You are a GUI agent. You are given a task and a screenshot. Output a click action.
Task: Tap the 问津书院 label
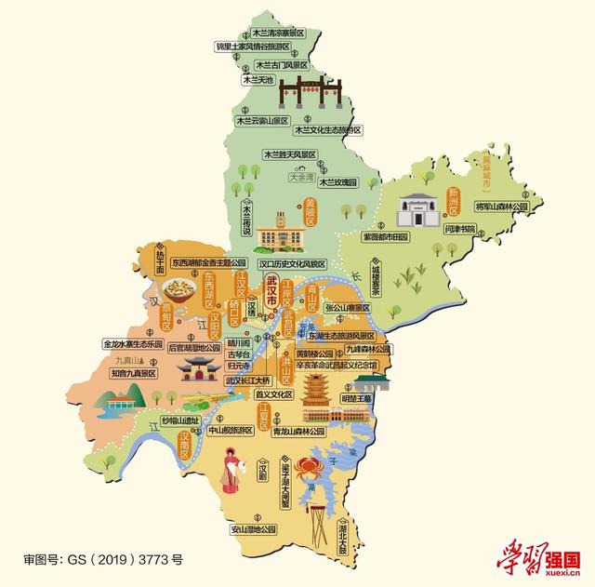click(x=460, y=228)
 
